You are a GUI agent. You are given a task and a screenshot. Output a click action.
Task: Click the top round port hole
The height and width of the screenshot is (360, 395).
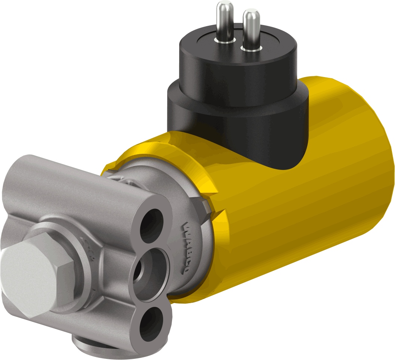point(151,225)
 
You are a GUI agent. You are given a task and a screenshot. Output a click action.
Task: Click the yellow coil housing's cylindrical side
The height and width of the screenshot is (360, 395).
point(299,210)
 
